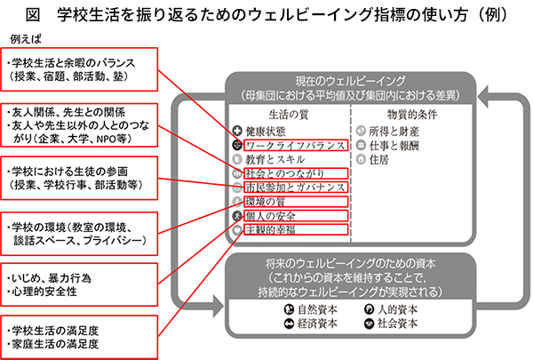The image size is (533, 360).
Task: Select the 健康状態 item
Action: click(271, 128)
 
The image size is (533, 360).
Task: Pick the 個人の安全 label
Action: click(271, 215)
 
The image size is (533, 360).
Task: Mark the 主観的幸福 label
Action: click(271, 229)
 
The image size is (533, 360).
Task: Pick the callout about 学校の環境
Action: click(81, 228)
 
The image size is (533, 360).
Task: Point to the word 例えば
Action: click(26, 40)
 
